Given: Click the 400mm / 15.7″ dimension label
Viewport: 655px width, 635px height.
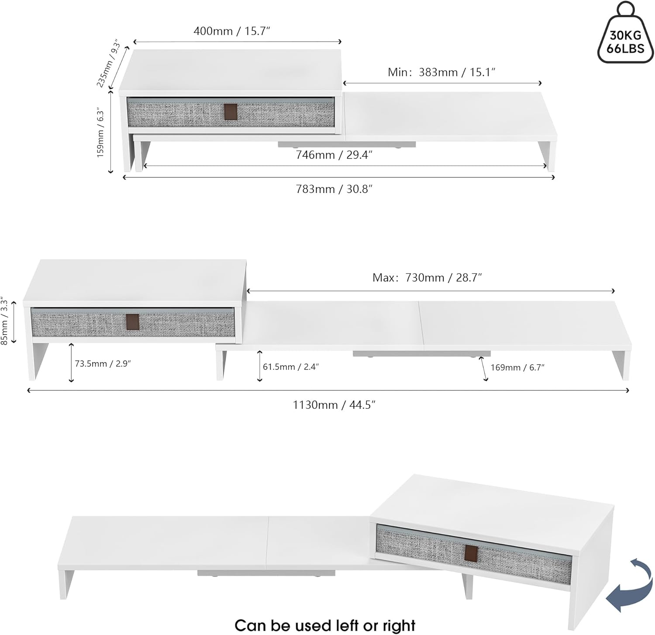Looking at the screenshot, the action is pos(232,31).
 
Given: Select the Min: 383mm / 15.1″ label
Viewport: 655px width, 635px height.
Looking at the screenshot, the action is pos(441,72).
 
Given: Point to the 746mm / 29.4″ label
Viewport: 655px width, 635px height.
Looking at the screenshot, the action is pos(334,155).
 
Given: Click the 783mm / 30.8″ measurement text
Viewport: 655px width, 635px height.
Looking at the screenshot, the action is pos(334,189).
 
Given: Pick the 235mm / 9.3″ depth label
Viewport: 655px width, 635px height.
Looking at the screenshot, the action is pos(108,63).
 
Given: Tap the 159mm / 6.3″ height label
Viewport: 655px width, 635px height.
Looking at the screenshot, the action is pos(101,133).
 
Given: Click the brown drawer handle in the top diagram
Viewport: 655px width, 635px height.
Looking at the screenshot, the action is pos(231,112).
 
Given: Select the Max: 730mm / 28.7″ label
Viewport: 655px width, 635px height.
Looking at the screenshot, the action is pos(427,278).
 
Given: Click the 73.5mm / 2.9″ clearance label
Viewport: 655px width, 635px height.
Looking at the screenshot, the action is pos(103,364).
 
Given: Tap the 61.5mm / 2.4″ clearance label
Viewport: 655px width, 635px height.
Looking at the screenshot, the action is pos(291,367).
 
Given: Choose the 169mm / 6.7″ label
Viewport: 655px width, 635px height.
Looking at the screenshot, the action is pos(517,368).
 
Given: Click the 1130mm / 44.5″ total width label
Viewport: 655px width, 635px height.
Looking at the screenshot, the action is pos(334,405).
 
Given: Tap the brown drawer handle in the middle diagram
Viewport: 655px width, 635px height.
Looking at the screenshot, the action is pos(133,322).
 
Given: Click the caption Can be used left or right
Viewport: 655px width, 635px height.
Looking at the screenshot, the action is pos(325,625).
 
